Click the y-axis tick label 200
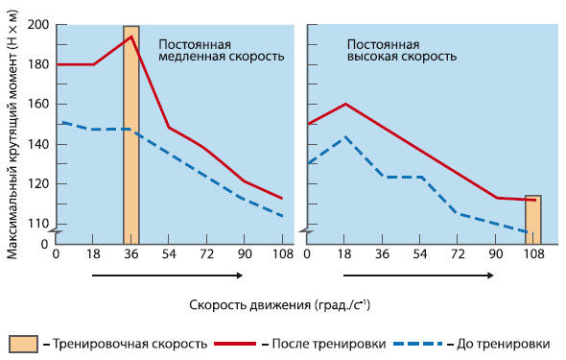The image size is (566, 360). click(x=39, y=25)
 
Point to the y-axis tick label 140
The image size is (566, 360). click(x=39, y=144)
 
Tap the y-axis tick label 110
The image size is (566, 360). click(x=39, y=224)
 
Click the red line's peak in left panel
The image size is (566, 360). click(x=131, y=36)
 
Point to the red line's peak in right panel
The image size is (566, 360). click(x=345, y=104)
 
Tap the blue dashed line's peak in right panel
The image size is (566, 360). click(x=345, y=136)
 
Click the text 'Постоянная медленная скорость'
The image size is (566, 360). click(x=215, y=50)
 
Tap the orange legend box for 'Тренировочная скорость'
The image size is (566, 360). click(x=24, y=344)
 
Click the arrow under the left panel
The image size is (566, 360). click(x=166, y=276)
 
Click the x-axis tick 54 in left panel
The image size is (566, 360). click(x=169, y=253)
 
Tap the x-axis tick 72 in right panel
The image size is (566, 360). click(x=459, y=253)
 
